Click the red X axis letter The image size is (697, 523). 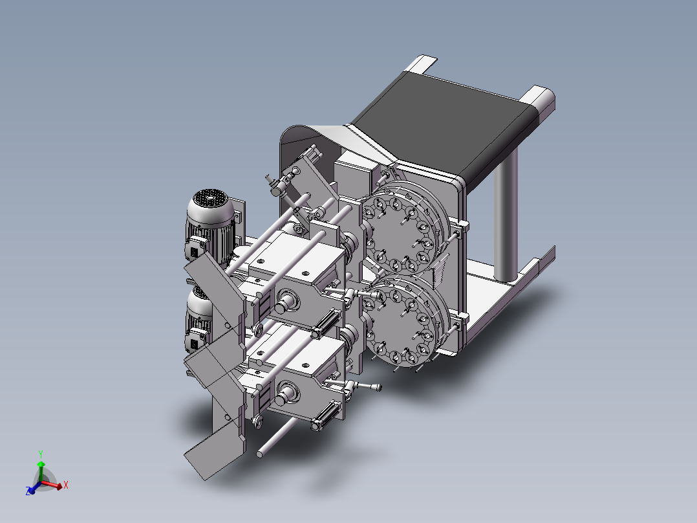66,484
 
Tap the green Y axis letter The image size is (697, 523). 41,453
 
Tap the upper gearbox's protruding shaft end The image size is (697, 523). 286,300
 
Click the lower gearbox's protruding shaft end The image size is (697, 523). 285,391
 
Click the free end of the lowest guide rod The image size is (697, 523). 261,453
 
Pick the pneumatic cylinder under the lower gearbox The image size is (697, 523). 328,416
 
